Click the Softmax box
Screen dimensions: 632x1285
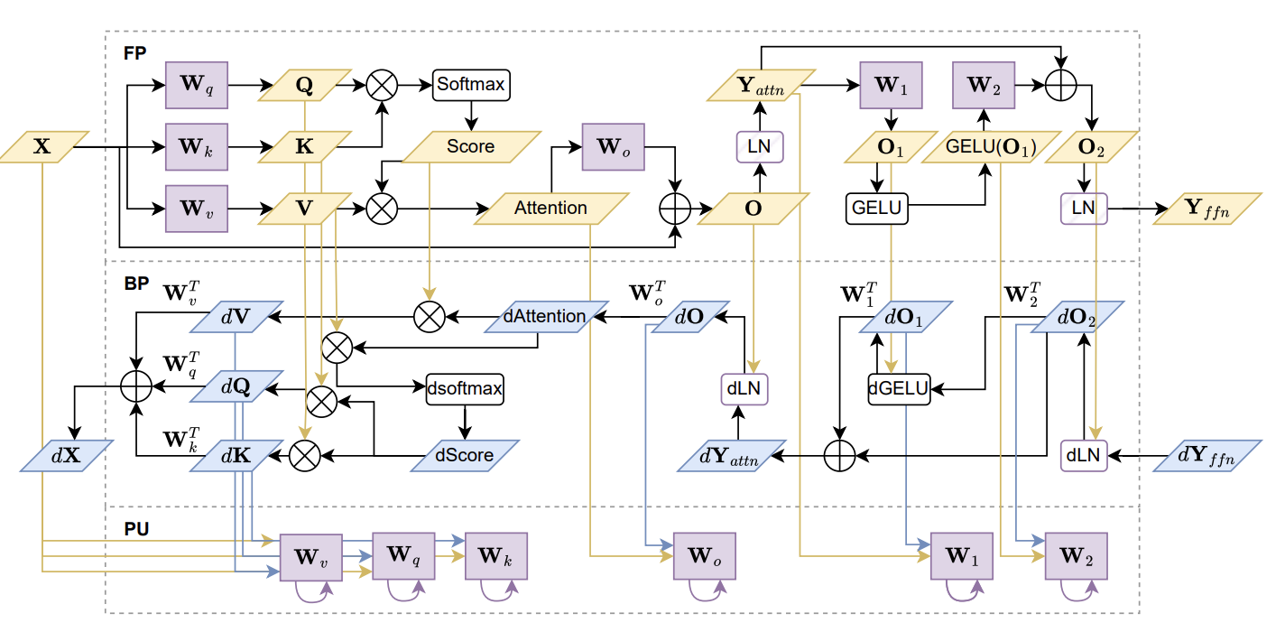[x=471, y=85]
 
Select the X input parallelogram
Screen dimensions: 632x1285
[x=42, y=146]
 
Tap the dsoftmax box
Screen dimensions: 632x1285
[x=465, y=390]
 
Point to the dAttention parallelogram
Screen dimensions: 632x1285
[x=544, y=317]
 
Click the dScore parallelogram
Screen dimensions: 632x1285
[x=465, y=455]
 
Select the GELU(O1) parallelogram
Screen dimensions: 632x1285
[x=990, y=147]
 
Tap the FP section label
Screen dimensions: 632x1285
[x=135, y=52]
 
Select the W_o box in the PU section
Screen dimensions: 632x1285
[x=705, y=556]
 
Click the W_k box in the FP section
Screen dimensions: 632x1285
[x=196, y=146]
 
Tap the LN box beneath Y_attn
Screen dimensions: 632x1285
[x=758, y=146]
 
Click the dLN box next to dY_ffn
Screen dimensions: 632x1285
[x=1083, y=456]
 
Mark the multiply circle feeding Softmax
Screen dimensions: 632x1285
[x=381, y=86]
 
